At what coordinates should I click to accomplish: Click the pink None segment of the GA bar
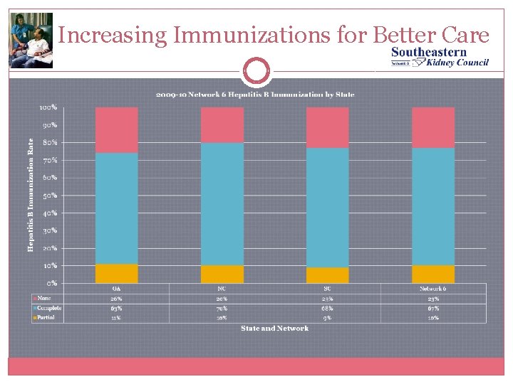(x=116, y=129)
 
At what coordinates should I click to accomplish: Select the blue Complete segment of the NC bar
(x=222, y=203)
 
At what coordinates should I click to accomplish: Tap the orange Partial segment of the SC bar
(x=327, y=275)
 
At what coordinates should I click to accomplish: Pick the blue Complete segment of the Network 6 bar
(x=432, y=206)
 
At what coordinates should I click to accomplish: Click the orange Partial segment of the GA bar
(x=116, y=274)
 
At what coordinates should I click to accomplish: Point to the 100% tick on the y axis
(x=48, y=108)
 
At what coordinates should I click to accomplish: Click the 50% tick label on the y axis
(x=48, y=196)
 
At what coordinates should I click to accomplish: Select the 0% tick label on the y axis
(x=51, y=283)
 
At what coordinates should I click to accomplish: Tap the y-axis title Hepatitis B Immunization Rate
(x=31, y=195)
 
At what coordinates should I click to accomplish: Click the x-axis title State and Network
(x=274, y=329)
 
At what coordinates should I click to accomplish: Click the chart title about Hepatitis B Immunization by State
(x=255, y=95)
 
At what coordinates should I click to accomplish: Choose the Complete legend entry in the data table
(x=48, y=308)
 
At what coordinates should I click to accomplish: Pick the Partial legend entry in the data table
(x=46, y=318)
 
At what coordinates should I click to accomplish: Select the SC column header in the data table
(x=327, y=289)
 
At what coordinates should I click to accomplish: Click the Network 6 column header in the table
(x=432, y=289)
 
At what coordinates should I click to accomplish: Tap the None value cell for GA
(x=116, y=299)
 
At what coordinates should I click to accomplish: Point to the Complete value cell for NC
(x=222, y=308)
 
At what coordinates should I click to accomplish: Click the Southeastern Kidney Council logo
(x=440, y=57)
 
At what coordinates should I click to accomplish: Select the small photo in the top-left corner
(x=31, y=41)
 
